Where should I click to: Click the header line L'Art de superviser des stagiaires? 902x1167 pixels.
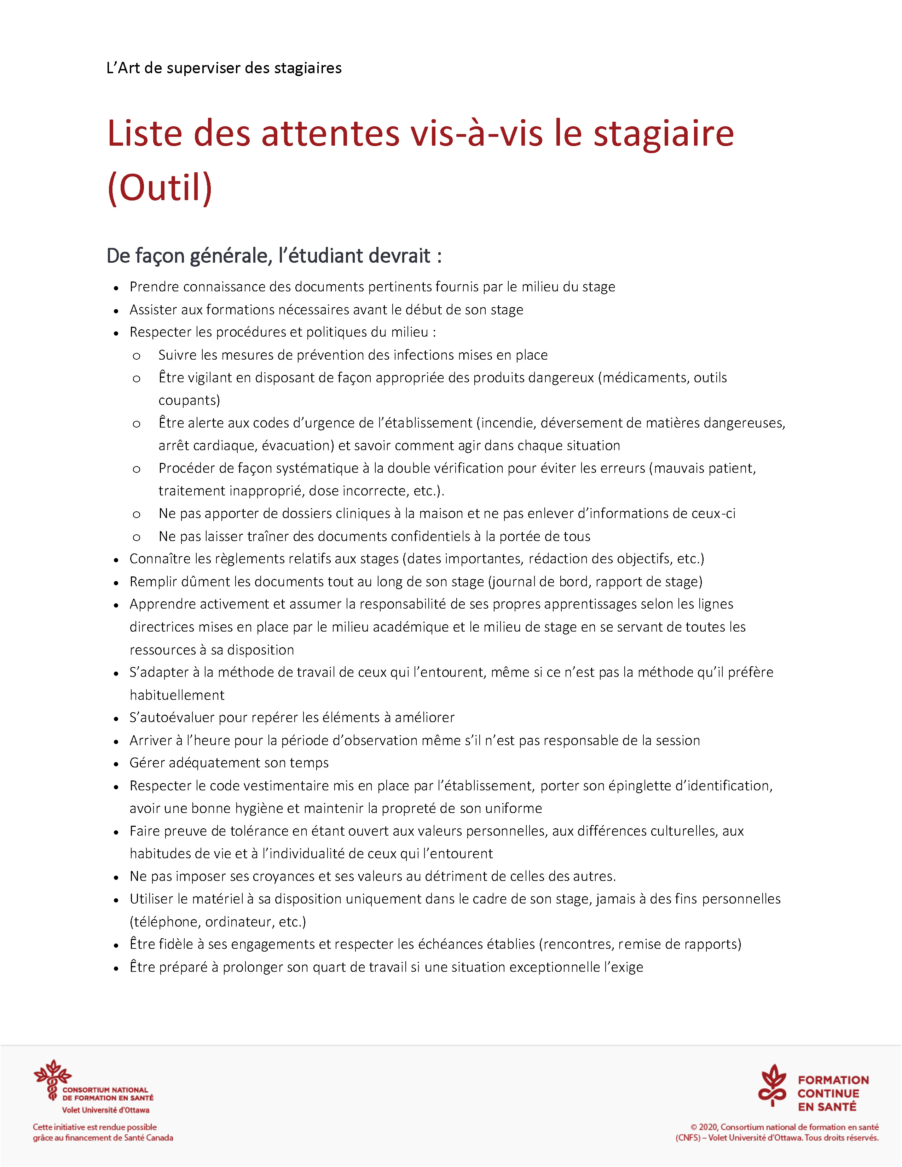224,68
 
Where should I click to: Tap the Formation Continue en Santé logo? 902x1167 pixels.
813,1093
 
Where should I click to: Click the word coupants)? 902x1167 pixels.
189,400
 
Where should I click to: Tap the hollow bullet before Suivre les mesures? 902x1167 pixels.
137,356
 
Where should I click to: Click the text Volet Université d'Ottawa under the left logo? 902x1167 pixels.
105,1110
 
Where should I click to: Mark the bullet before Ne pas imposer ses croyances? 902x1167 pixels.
116,877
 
